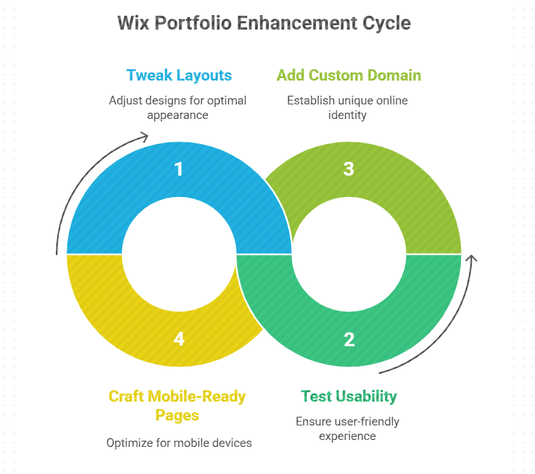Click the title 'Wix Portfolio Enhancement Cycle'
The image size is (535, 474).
264,23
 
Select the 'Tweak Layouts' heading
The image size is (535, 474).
179,76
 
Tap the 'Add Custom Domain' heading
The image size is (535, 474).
349,76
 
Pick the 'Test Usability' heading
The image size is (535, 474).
349,396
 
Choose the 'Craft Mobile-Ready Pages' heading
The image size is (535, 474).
177,405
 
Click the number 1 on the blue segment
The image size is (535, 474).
179,169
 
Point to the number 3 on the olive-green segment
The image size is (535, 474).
349,169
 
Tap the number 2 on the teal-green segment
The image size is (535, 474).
349,340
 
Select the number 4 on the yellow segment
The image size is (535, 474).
179,340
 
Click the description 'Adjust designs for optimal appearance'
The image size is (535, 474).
177,107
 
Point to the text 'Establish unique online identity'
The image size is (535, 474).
348,107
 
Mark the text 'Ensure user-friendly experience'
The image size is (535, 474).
348,428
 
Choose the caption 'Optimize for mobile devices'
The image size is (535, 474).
179,443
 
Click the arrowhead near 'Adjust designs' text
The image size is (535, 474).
145,136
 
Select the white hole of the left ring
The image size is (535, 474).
179,254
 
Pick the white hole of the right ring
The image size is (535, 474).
349,254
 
